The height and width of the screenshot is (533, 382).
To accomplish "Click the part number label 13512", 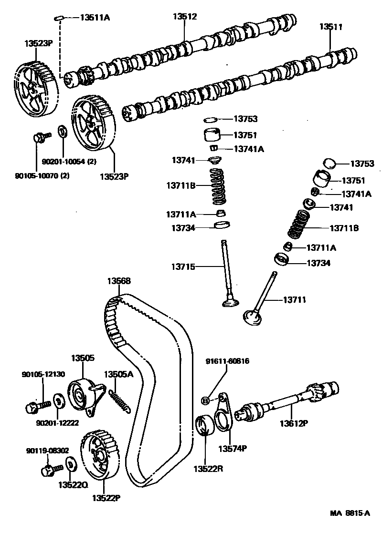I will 184,16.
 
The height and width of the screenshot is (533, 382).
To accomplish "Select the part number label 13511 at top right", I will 331,27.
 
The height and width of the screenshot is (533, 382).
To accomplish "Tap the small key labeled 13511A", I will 57,18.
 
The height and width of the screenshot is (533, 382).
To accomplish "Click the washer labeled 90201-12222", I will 57,401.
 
